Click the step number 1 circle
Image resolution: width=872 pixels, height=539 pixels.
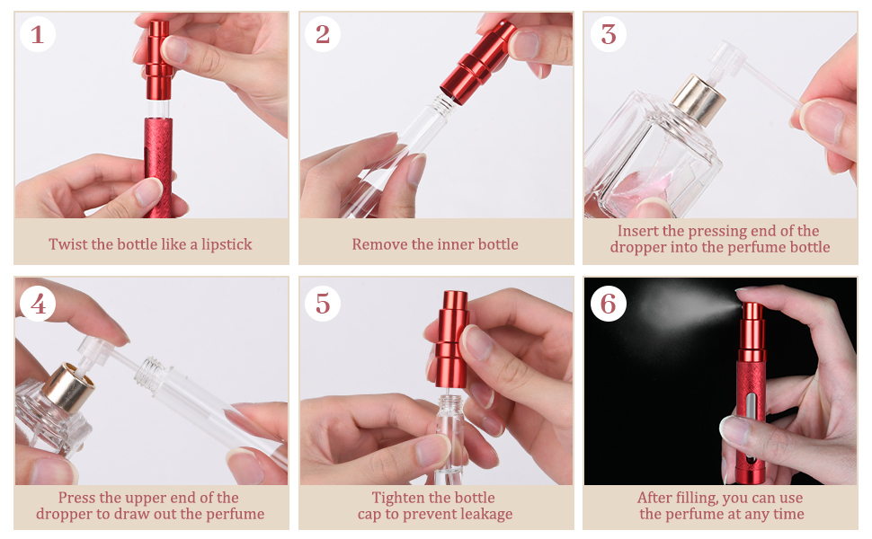click(x=37, y=35)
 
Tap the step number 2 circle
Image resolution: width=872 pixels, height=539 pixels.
click(x=323, y=35)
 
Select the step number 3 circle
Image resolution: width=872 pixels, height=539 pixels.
click(x=609, y=35)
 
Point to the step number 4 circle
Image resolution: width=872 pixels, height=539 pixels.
click(x=37, y=304)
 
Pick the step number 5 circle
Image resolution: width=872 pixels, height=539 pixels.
click(x=323, y=304)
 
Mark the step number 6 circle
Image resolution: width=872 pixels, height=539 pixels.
click(x=609, y=304)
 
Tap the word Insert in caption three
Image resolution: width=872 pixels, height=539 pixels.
click(x=637, y=231)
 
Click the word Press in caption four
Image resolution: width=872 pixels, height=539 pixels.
click(x=76, y=498)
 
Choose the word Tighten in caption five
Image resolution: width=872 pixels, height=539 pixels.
click(x=399, y=498)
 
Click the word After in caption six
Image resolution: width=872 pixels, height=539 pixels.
click(x=655, y=498)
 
